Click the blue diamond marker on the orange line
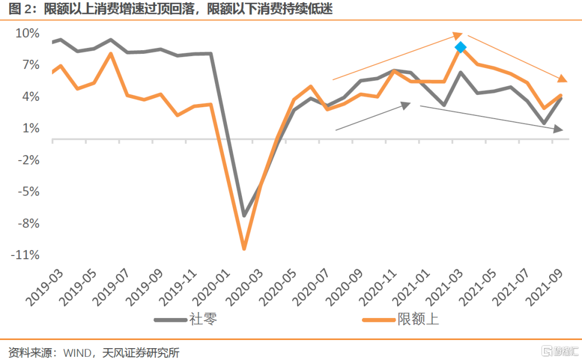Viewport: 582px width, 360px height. point(460,47)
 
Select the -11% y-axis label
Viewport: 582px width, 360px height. point(25,255)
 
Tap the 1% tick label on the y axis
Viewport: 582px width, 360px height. point(30,128)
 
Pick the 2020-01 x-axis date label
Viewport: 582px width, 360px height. point(207,288)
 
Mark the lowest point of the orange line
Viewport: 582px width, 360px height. point(244,248)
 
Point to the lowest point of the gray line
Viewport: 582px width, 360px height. point(244,216)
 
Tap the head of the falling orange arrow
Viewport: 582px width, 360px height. point(563,80)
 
